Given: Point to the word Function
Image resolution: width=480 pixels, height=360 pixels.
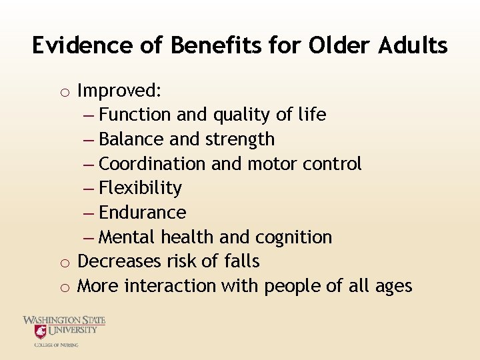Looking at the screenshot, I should (135, 115).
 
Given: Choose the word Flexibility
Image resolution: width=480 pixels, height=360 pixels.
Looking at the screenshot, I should (140, 188).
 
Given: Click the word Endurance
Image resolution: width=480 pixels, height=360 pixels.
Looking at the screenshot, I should (142, 213).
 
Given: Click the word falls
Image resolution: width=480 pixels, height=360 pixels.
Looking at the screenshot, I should (241, 261).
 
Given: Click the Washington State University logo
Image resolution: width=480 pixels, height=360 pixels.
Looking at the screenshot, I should (64, 331).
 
